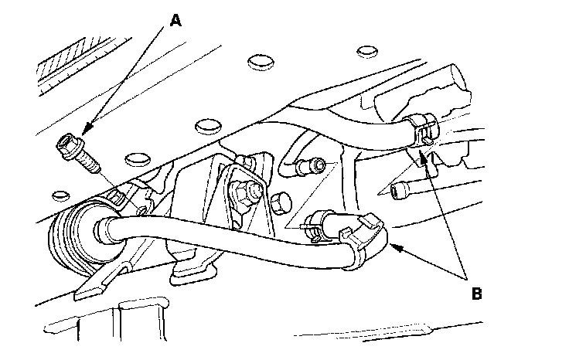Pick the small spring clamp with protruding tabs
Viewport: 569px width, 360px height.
point(313,226)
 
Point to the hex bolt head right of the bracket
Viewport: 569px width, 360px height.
point(281,204)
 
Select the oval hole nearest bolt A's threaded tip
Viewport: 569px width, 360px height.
point(137,158)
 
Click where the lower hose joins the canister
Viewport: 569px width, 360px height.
point(104,228)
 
